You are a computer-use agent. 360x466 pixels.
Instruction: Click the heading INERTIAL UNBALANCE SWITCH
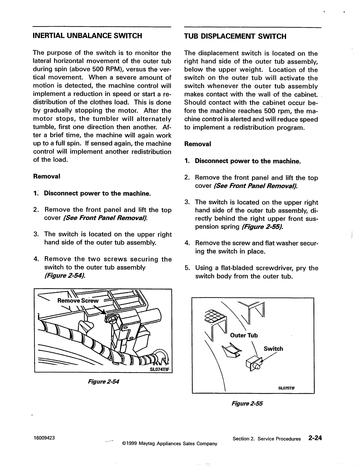click(x=88, y=36)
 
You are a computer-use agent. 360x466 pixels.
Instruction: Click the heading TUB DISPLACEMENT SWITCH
click(x=235, y=36)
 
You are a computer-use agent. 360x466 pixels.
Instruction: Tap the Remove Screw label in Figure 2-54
click(x=78, y=301)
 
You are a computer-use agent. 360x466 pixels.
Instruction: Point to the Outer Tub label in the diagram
click(x=244, y=336)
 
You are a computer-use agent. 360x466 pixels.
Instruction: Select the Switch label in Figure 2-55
click(x=273, y=349)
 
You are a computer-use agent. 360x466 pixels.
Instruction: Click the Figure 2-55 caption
click(x=247, y=404)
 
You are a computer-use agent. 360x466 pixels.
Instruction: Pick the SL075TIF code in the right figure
click(x=287, y=388)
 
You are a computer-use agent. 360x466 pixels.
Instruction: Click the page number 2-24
click(x=315, y=438)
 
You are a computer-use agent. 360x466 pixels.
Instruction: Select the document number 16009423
click(x=44, y=438)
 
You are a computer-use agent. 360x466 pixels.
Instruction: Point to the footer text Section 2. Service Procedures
click(x=267, y=439)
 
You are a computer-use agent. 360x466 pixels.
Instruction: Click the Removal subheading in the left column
click(x=47, y=176)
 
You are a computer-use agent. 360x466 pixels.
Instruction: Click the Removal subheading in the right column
click(x=198, y=144)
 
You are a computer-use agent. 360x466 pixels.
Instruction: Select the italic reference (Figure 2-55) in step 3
click(x=263, y=227)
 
